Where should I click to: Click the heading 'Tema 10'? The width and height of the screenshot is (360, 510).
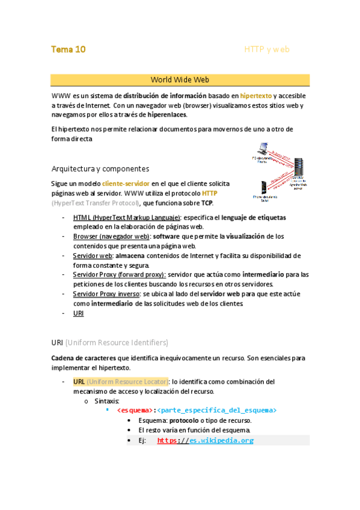(68, 49)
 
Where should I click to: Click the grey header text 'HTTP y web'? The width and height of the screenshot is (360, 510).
(266, 49)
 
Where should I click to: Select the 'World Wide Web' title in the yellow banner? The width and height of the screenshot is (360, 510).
(180, 79)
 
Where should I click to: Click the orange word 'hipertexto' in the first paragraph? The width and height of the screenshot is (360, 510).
(255, 96)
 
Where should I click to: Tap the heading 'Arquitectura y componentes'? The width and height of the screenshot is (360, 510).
(100, 168)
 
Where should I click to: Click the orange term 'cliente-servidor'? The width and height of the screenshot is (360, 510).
(126, 183)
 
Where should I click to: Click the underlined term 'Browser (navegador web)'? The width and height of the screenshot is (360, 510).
(111, 236)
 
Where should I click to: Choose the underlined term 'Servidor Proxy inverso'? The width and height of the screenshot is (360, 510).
(106, 293)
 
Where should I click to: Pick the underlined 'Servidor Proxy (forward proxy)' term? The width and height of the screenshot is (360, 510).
(119, 274)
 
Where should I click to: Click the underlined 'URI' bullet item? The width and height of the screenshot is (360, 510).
(78, 313)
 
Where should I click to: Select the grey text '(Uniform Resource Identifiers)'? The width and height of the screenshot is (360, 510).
(117, 343)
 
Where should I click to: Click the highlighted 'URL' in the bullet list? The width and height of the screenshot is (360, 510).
(79, 381)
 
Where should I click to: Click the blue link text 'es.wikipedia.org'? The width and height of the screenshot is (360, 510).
(221, 440)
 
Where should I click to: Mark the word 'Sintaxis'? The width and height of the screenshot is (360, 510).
(106, 401)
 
